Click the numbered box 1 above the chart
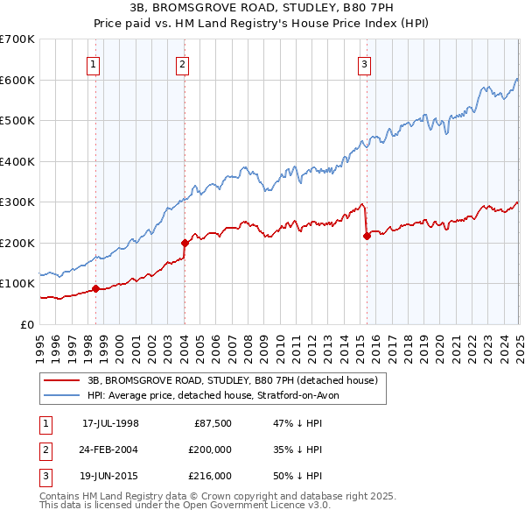[x=93, y=63]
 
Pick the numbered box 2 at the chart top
[x=181, y=63]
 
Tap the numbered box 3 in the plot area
[x=363, y=63]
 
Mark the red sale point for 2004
[x=185, y=243]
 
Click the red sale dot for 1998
[x=95, y=288]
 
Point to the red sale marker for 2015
[x=367, y=236]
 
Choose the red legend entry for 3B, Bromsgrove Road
[x=232, y=380]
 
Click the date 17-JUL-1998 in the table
[x=110, y=422]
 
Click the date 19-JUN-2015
[x=110, y=476]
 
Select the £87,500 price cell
[x=212, y=422]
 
